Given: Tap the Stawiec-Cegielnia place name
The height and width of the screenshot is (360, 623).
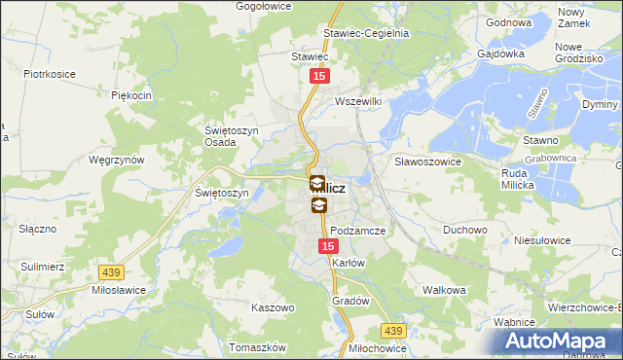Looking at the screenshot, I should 366,32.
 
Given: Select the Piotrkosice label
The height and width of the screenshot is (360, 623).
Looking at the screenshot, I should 50,73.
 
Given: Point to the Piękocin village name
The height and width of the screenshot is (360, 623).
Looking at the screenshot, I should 131,95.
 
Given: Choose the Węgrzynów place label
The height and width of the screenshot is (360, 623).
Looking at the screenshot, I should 116,160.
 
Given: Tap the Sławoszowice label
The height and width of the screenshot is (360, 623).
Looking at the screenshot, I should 426,162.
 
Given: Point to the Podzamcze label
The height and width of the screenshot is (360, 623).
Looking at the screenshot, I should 358,231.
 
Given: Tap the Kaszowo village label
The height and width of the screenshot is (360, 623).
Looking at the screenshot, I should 273,307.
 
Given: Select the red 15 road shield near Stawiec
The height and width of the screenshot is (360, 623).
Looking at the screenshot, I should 319,75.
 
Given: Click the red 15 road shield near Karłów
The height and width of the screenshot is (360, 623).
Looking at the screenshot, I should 328,248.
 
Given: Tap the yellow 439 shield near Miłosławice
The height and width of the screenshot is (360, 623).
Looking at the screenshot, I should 110,274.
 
